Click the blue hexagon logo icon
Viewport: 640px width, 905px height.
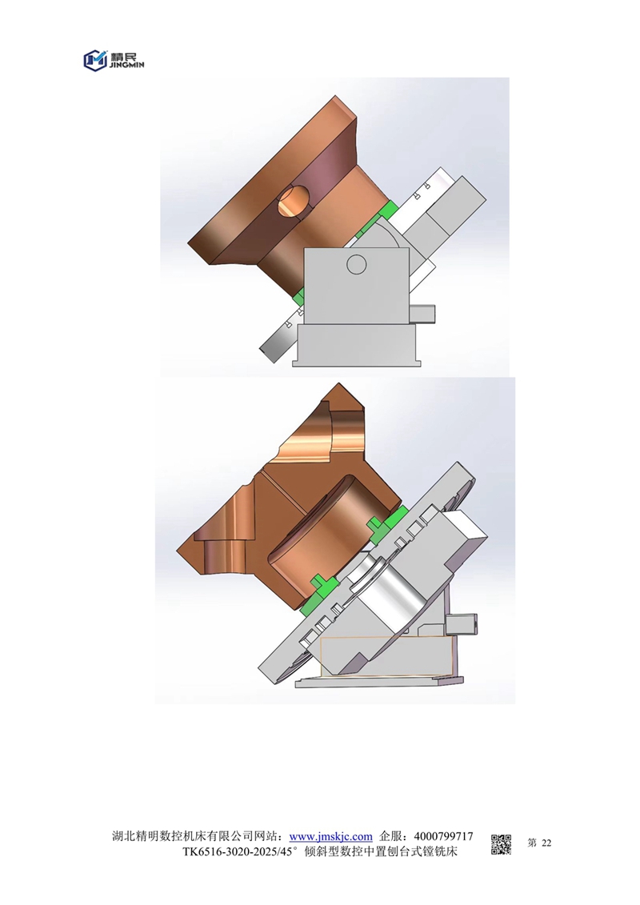point(96,60)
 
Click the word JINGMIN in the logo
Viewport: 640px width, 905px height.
point(126,66)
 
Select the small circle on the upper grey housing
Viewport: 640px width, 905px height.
point(356,264)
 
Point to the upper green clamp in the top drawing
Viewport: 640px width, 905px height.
point(385,211)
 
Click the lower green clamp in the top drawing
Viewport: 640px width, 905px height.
point(299,298)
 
